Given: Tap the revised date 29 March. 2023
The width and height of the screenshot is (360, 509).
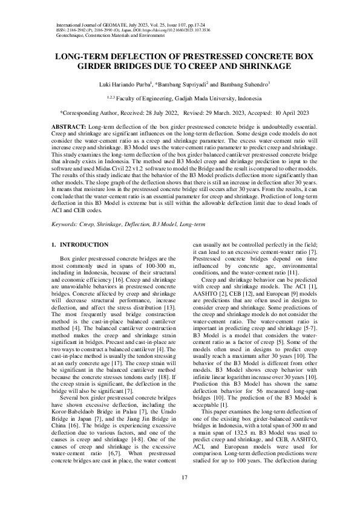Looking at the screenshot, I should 220,112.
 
